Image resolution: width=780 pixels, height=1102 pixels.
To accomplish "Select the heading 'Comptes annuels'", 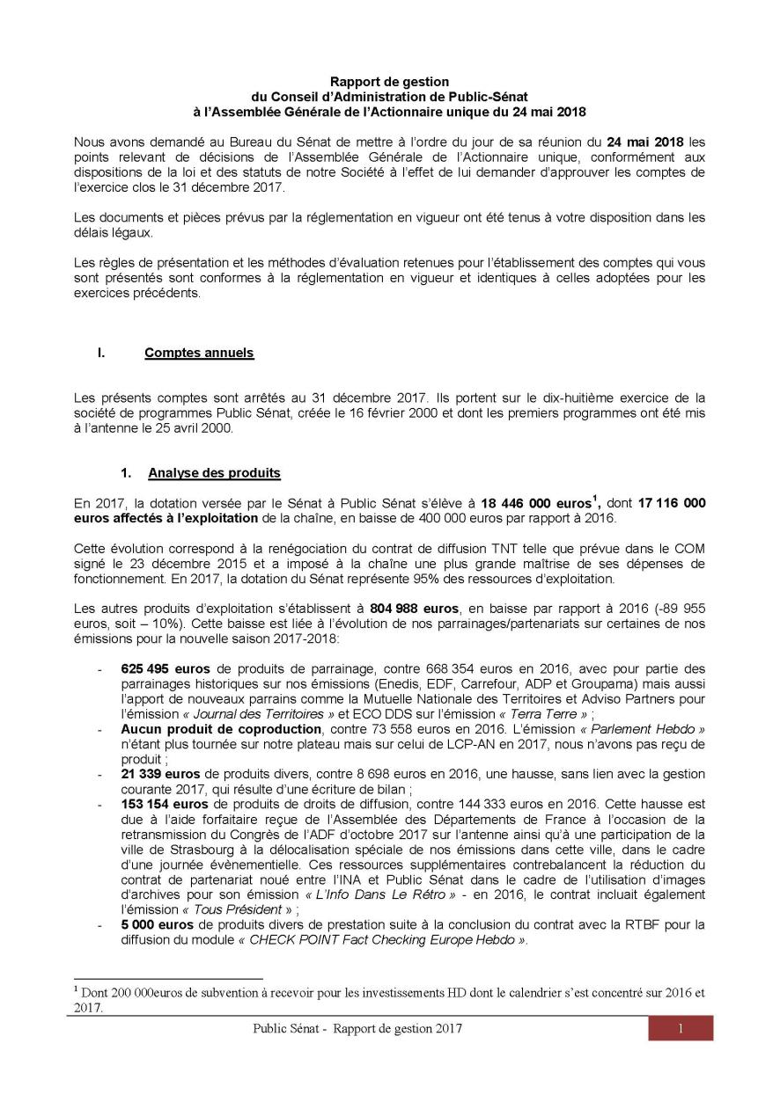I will point(199,354).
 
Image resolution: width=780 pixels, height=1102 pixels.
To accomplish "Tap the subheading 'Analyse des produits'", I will point(214,473).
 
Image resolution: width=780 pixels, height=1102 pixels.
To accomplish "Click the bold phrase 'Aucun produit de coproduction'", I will point(221,729).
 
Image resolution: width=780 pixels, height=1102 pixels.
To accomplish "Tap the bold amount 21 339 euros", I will point(156,773).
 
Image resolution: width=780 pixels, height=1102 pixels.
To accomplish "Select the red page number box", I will point(681,1029).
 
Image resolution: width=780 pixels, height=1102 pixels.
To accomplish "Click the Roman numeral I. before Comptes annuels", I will point(102,354).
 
